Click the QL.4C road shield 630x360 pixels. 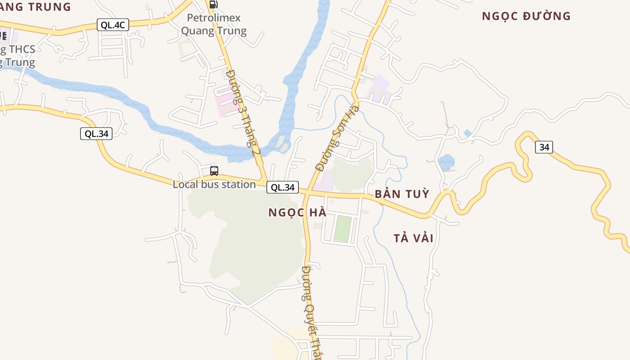pos(113,25)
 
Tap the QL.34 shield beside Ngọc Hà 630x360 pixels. pos(283,187)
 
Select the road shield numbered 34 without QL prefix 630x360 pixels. pos(544,147)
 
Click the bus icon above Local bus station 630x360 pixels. pos(214,171)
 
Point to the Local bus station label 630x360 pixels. pos(214,184)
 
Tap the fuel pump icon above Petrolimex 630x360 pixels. pos(214,4)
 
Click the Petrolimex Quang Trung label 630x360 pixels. pos(214,24)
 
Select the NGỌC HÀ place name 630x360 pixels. pos(297,213)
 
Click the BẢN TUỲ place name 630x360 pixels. pos(402,194)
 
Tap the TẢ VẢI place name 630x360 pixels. pos(414,238)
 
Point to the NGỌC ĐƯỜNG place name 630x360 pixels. pos(526,16)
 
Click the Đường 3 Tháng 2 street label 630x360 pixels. pos(243,112)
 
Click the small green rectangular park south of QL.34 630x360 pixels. pos(342,229)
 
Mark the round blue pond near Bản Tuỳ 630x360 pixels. pos(446,162)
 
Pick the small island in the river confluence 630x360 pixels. pos(283,143)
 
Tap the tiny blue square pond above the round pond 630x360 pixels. pos(468,133)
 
